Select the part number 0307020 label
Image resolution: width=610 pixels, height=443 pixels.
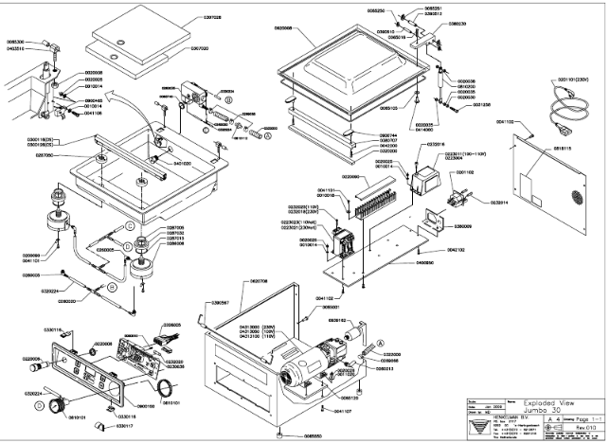206,48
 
